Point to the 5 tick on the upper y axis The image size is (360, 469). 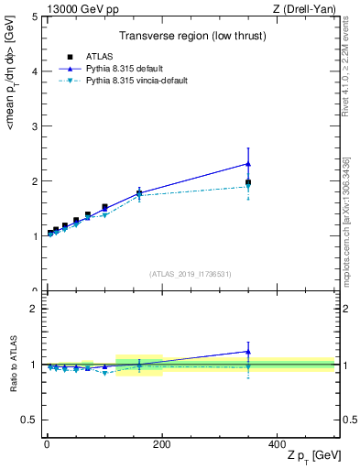34,16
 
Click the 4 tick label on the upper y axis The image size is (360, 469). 34,71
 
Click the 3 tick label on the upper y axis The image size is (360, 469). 34,126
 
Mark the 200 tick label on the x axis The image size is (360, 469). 162,443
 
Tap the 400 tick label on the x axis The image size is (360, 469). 277,443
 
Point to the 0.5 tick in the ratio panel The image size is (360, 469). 30,420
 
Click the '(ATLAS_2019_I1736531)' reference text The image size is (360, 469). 191,274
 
